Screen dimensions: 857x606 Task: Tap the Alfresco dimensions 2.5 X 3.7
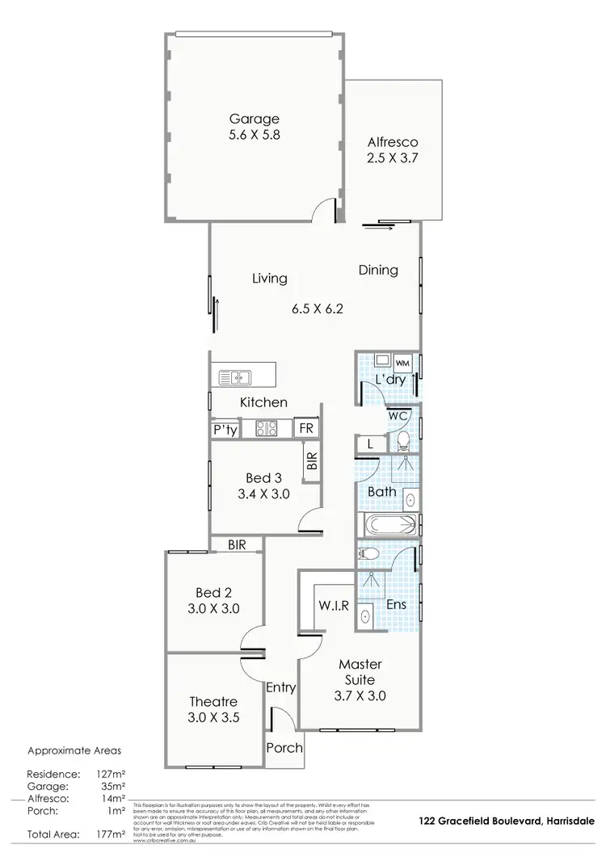[x=392, y=158]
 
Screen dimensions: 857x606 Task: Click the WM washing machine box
[x=402, y=363]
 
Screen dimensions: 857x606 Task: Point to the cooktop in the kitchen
[x=267, y=429]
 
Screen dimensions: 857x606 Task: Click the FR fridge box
[x=306, y=429]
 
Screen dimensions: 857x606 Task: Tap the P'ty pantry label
[x=225, y=430]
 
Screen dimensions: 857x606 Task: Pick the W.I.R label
[x=333, y=607]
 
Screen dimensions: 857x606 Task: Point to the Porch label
[x=284, y=747]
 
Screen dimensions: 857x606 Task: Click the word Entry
[x=281, y=688]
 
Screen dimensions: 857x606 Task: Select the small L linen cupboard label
[x=369, y=444]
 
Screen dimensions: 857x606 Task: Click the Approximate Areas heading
[x=74, y=749]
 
